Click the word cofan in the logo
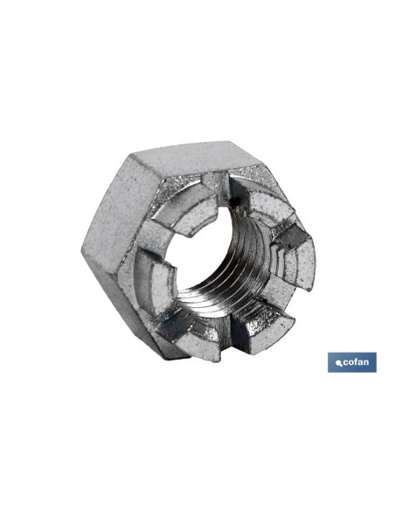point(356,362)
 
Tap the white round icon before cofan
point(339,363)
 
